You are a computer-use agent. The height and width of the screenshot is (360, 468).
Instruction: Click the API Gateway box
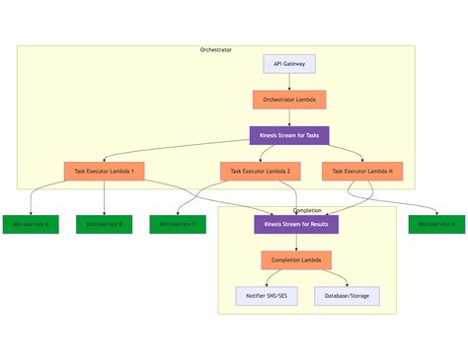click(x=288, y=64)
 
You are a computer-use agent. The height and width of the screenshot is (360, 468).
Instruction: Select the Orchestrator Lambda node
click(x=288, y=100)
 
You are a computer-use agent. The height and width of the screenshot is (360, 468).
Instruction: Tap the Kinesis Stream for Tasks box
click(x=288, y=135)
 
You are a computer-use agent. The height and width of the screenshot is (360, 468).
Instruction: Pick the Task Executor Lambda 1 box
click(x=105, y=172)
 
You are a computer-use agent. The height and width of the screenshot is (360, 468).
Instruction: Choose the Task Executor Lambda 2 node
click(x=260, y=172)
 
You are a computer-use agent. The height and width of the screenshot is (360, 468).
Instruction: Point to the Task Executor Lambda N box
click(x=362, y=172)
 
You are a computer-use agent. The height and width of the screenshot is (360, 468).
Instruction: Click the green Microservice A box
click(x=31, y=224)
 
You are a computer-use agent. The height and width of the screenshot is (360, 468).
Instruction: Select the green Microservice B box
click(x=104, y=224)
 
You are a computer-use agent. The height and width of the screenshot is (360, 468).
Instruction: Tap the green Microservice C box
click(x=178, y=224)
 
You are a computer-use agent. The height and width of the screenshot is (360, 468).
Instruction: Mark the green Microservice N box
click(x=436, y=224)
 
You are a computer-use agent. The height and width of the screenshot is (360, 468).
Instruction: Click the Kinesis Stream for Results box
click(x=296, y=224)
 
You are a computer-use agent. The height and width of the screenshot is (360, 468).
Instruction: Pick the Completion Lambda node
click(x=296, y=260)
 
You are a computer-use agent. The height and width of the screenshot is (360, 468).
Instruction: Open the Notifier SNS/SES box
click(x=267, y=296)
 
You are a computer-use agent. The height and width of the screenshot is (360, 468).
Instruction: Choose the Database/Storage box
click(x=347, y=296)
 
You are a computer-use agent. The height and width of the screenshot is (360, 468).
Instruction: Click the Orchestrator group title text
click(x=215, y=49)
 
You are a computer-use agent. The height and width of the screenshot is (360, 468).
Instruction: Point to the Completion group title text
click(x=307, y=210)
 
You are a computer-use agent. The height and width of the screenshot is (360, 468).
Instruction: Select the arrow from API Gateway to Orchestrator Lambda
click(x=288, y=82)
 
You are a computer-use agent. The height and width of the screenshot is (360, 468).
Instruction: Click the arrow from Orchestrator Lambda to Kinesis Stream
click(x=288, y=117)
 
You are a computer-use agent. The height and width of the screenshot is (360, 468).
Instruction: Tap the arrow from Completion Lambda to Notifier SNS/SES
click(x=275, y=278)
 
